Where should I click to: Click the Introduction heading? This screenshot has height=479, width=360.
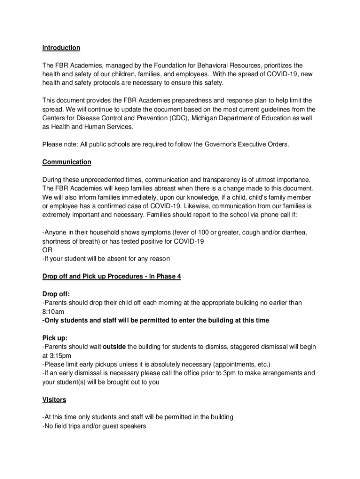[61, 48]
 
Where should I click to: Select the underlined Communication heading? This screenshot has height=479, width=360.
[67, 162]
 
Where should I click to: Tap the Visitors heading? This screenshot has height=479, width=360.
[54, 400]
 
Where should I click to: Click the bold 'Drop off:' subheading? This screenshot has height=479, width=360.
[56, 294]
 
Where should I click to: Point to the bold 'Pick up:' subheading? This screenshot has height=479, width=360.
[55, 338]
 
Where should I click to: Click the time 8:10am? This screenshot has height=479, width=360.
[53, 312]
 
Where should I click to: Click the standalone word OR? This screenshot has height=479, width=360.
[47, 250]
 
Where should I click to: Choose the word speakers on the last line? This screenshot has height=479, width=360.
[133, 426]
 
